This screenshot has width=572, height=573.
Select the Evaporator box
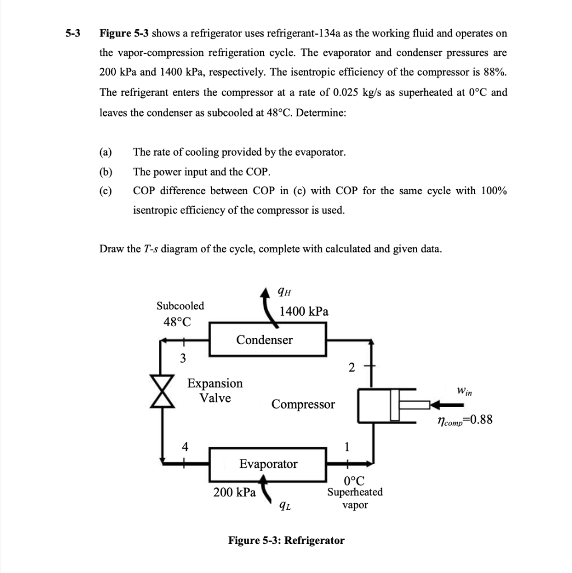click(x=268, y=464)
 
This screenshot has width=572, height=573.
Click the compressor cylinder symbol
click(x=378, y=405)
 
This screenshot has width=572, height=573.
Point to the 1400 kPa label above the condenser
click(x=304, y=311)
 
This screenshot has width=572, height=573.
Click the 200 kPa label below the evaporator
click(x=235, y=492)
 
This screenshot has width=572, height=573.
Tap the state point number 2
click(x=351, y=368)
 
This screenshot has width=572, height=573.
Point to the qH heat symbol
click(x=284, y=290)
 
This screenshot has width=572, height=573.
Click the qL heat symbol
click(x=285, y=506)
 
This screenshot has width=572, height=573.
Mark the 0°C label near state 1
click(x=355, y=480)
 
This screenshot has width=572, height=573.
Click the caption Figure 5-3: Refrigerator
click(x=286, y=540)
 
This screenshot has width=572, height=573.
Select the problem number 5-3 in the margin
click(x=72, y=33)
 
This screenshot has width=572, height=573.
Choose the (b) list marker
click(x=105, y=171)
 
